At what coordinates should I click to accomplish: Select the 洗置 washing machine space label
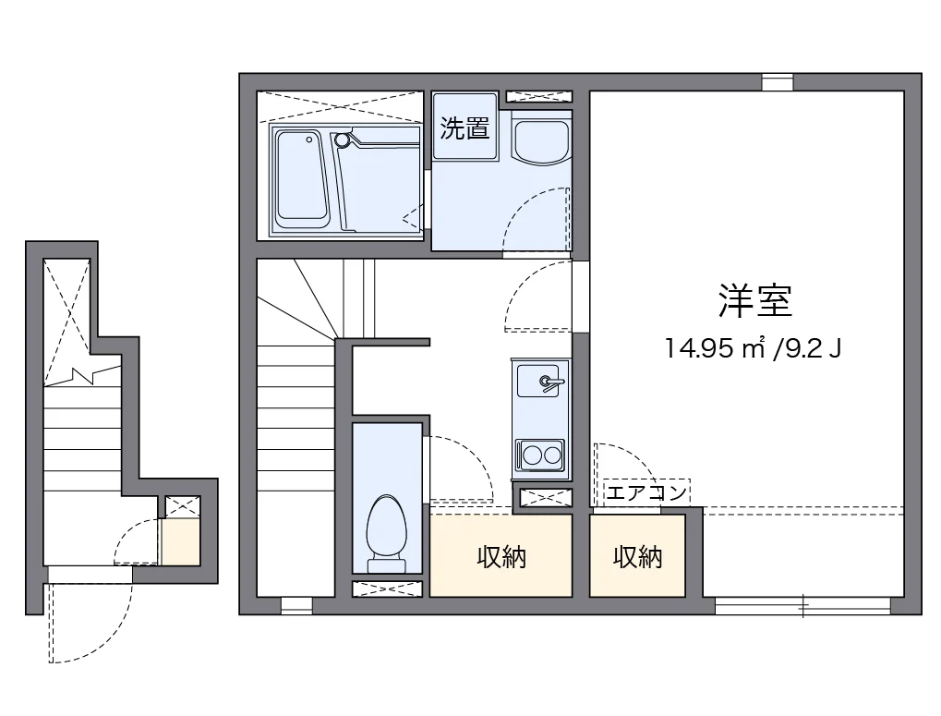coord(464,127)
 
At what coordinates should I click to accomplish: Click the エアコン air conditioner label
coord(645,492)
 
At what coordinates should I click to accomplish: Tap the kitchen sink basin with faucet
coord(540,381)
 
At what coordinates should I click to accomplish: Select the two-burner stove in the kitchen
coord(540,455)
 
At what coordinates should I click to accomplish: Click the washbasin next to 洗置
coord(541,139)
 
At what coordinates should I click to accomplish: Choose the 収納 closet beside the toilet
coord(501,556)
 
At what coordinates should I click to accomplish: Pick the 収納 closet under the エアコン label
coord(638,556)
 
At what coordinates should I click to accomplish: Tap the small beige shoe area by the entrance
coord(180,542)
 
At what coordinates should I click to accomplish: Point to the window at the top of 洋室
coord(778,81)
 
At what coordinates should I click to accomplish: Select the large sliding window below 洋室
coord(802,606)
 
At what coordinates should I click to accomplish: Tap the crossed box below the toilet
coord(388,589)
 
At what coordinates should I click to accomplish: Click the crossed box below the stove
coord(541,497)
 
